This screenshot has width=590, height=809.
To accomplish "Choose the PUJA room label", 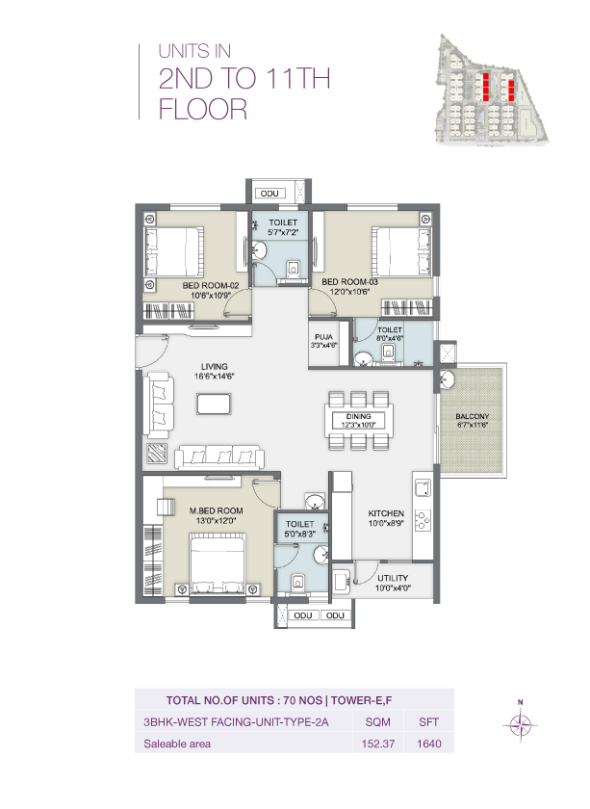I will pos(322,340).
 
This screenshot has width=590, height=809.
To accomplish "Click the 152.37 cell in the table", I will pos(371,744).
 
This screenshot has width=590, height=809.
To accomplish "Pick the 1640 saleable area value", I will pos(428,744).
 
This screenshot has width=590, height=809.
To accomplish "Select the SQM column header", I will pos(371,721).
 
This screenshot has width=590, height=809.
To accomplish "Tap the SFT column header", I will pos(428,721).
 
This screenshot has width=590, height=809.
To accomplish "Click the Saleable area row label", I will pos(177,744).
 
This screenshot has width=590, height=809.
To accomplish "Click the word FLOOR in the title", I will pos(203,109).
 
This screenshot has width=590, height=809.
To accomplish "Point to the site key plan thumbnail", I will pos(492,90).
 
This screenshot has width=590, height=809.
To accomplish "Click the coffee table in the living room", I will pos(213,404).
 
